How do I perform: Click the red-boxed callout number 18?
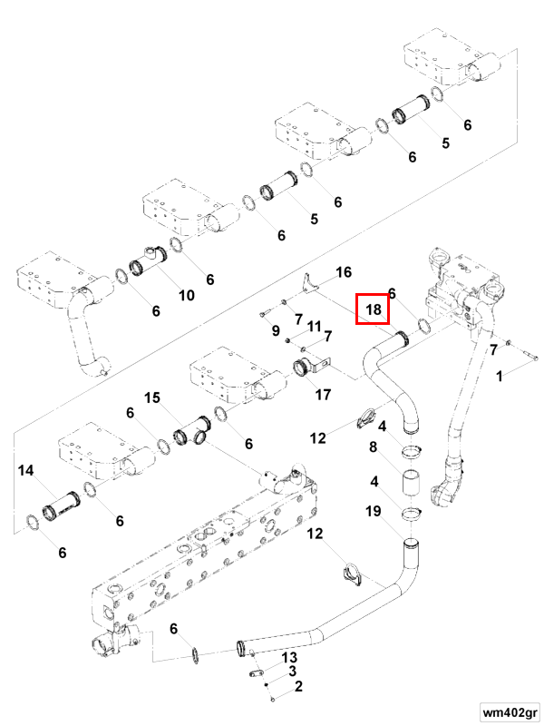pos(373,309)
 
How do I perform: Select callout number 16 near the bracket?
pos(344,272)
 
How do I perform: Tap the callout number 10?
pos(187,296)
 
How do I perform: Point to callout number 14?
pos(26,470)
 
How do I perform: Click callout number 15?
pos(152,397)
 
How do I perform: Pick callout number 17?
pos(324,395)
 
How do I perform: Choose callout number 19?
pos(374,511)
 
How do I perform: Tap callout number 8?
pos(373,447)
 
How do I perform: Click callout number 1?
pos(500,377)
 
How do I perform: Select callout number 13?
pos(289,657)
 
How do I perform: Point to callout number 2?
pos(298,686)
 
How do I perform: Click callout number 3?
pos(292,672)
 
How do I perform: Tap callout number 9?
pos(276,330)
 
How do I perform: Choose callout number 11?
pos(314,327)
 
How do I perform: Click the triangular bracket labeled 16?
pos(309,284)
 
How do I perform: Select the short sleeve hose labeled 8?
pos(410,484)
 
